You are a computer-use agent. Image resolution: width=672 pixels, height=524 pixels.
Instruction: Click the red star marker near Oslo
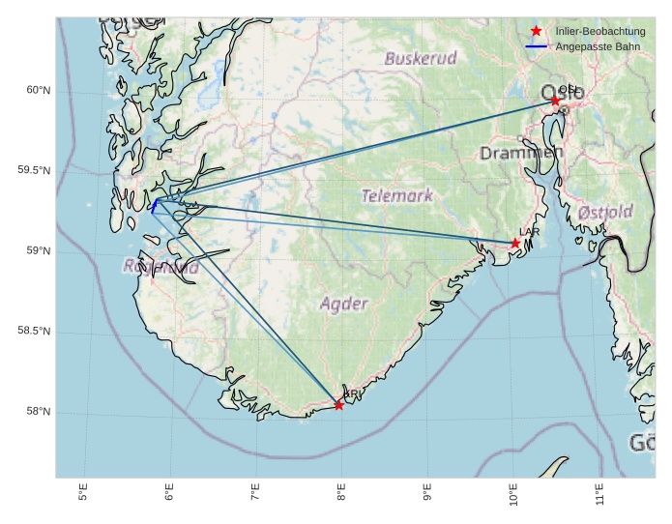(x=555, y=101)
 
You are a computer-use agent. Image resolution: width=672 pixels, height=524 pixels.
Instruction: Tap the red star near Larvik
(x=515, y=244)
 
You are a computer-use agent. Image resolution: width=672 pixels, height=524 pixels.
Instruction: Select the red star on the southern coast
(x=338, y=405)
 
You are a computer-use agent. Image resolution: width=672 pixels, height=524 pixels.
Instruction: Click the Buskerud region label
(x=421, y=58)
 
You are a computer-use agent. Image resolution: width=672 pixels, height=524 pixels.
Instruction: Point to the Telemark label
(x=397, y=195)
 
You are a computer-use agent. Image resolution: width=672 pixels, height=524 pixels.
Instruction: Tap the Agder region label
(x=344, y=304)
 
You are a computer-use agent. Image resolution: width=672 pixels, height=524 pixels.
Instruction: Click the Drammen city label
(x=521, y=153)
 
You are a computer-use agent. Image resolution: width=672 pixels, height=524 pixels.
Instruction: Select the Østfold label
(x=605, y=212)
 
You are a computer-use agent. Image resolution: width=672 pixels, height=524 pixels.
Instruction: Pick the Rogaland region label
(x=161, y=267)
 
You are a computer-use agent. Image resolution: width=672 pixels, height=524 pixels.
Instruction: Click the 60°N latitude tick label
(x=38, y=91)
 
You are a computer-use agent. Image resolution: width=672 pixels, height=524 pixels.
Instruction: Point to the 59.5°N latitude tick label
(x=34, y=171)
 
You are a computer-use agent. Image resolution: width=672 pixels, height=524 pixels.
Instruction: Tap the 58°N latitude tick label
(x=38, y=413)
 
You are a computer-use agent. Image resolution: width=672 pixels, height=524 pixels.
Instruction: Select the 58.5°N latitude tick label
(x=34, y=332)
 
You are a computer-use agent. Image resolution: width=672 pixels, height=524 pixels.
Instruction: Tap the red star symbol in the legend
(x=537, y=32)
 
